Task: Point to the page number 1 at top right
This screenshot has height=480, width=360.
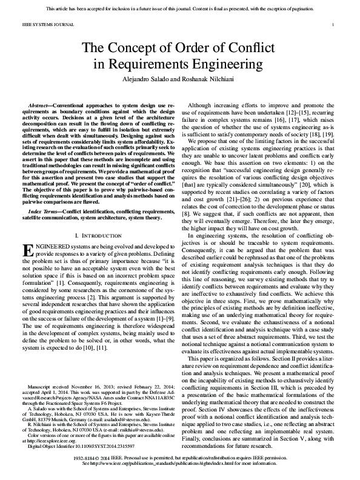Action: [333, 24]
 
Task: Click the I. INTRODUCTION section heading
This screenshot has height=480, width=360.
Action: [98, 234]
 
